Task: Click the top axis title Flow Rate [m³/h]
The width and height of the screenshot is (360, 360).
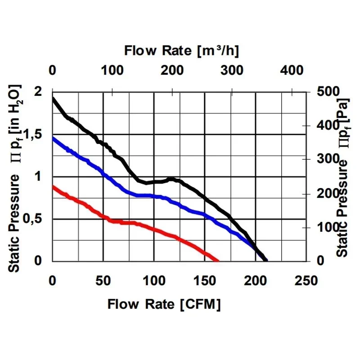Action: pyautogui.click(x=182, y=50)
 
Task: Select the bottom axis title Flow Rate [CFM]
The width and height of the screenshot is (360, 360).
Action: pyautogui.click(x=164, y=305)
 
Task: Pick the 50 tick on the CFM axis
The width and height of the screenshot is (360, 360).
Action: pyautogui.click(x=103, y=281)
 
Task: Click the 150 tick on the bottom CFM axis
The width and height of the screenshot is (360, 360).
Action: pyautogui.click(x=205, y=281)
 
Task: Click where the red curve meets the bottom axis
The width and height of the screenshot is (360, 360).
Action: pyautogui.click(x=218, y=261)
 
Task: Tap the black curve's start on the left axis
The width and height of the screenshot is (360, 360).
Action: pyautogui.click(x=53, y=98)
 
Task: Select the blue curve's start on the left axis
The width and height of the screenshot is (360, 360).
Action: pyautogui.click(x=53, y=138)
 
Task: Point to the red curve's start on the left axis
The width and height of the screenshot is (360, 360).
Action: pyautogui.click(x=53, y=186)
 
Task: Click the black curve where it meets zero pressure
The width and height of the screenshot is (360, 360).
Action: pyautogui.click(x=266, y=261)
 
